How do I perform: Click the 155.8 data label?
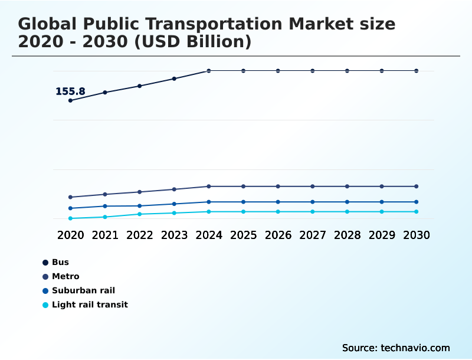pos(70,91)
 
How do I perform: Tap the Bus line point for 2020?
pos(70,100)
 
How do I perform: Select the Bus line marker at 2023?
pos(174,78)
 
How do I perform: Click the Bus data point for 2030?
pos(417,71)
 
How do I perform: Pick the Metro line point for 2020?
pos(70,197)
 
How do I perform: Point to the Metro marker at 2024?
pos(209,186)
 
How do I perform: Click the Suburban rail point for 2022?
pos(140,206)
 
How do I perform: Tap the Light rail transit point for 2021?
pos(105,217)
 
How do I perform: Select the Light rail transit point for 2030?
pos(417,211)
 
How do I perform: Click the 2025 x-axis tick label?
pos(243,235)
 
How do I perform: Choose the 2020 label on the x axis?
pos(70,235)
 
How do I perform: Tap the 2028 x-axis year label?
pos(347,235)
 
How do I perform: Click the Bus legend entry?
pos(60,262)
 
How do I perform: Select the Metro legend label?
pos(65,276)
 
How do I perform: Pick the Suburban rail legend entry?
pos(83,290)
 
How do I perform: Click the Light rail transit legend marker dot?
pos(45,305)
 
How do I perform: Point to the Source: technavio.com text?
pos(396,348)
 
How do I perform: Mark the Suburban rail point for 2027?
pos(313,202)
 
